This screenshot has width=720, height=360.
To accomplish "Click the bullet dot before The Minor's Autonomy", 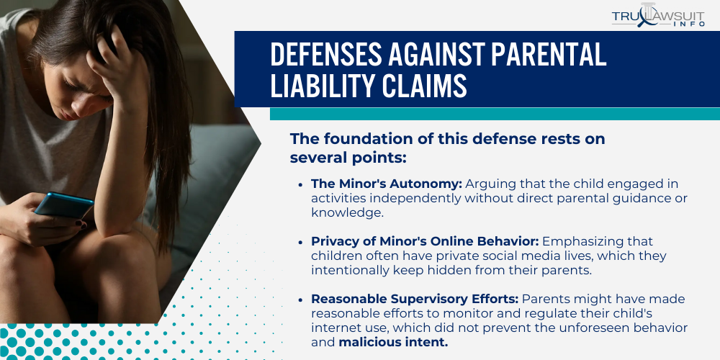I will (x=300, y=184).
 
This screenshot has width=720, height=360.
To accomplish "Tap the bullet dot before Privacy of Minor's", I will (x=300, y=242).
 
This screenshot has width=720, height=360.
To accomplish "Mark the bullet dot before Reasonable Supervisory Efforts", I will (x=300, y=299).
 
